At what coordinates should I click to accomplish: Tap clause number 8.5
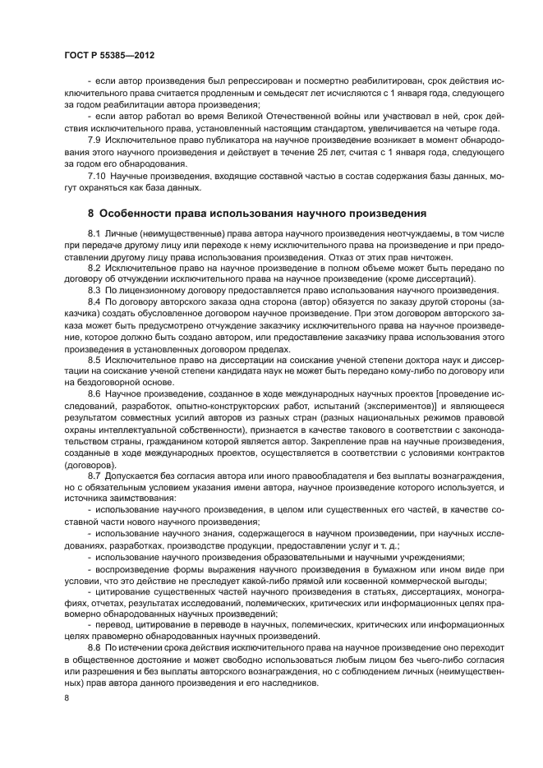tap(94, 359)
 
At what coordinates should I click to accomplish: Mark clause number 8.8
tap(94, 647)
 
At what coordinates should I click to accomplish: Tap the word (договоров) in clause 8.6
tap(90, 463)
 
